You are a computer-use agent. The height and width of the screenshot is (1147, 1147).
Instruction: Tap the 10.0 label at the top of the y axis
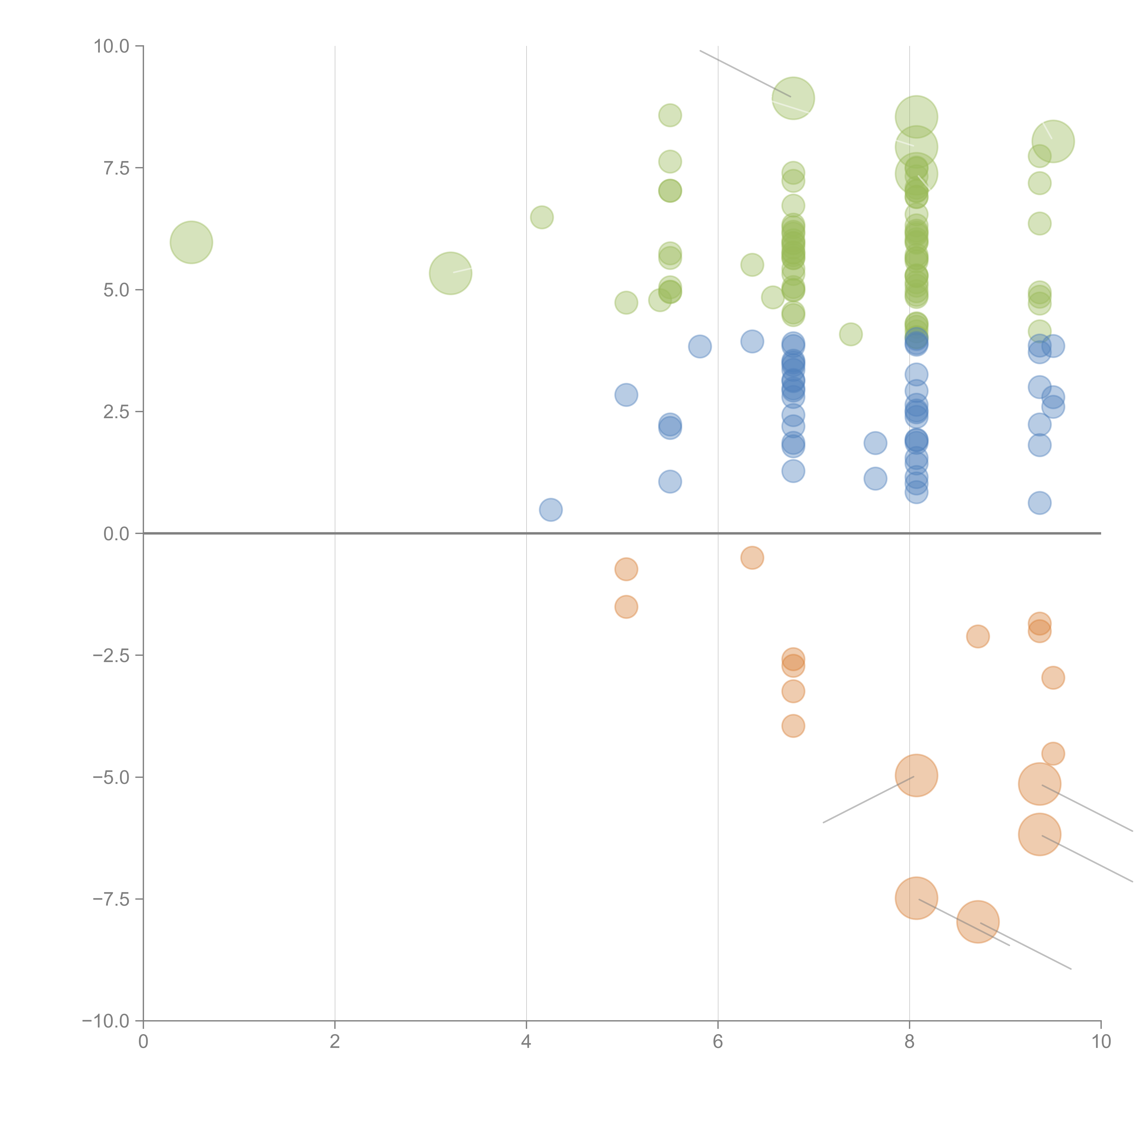pos(112,46)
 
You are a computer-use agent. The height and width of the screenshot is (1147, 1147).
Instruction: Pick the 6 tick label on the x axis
pos(718,1042)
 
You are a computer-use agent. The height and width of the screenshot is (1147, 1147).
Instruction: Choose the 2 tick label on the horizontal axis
pos(335,1042)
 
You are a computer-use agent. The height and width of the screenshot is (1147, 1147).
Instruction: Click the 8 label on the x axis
pos(910,1042)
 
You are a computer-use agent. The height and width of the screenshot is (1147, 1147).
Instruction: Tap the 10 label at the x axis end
pos(1101,1042)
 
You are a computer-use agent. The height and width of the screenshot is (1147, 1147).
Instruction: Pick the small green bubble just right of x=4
pos(541,217)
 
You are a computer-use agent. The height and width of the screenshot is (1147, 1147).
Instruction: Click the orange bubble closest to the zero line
pos(752,557)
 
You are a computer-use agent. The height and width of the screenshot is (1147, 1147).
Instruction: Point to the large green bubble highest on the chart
pos(793,98)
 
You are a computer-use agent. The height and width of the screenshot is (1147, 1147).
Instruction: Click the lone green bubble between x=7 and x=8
pos(851,334)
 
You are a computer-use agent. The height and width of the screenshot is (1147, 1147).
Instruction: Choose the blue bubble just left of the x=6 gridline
pos(700,346)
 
